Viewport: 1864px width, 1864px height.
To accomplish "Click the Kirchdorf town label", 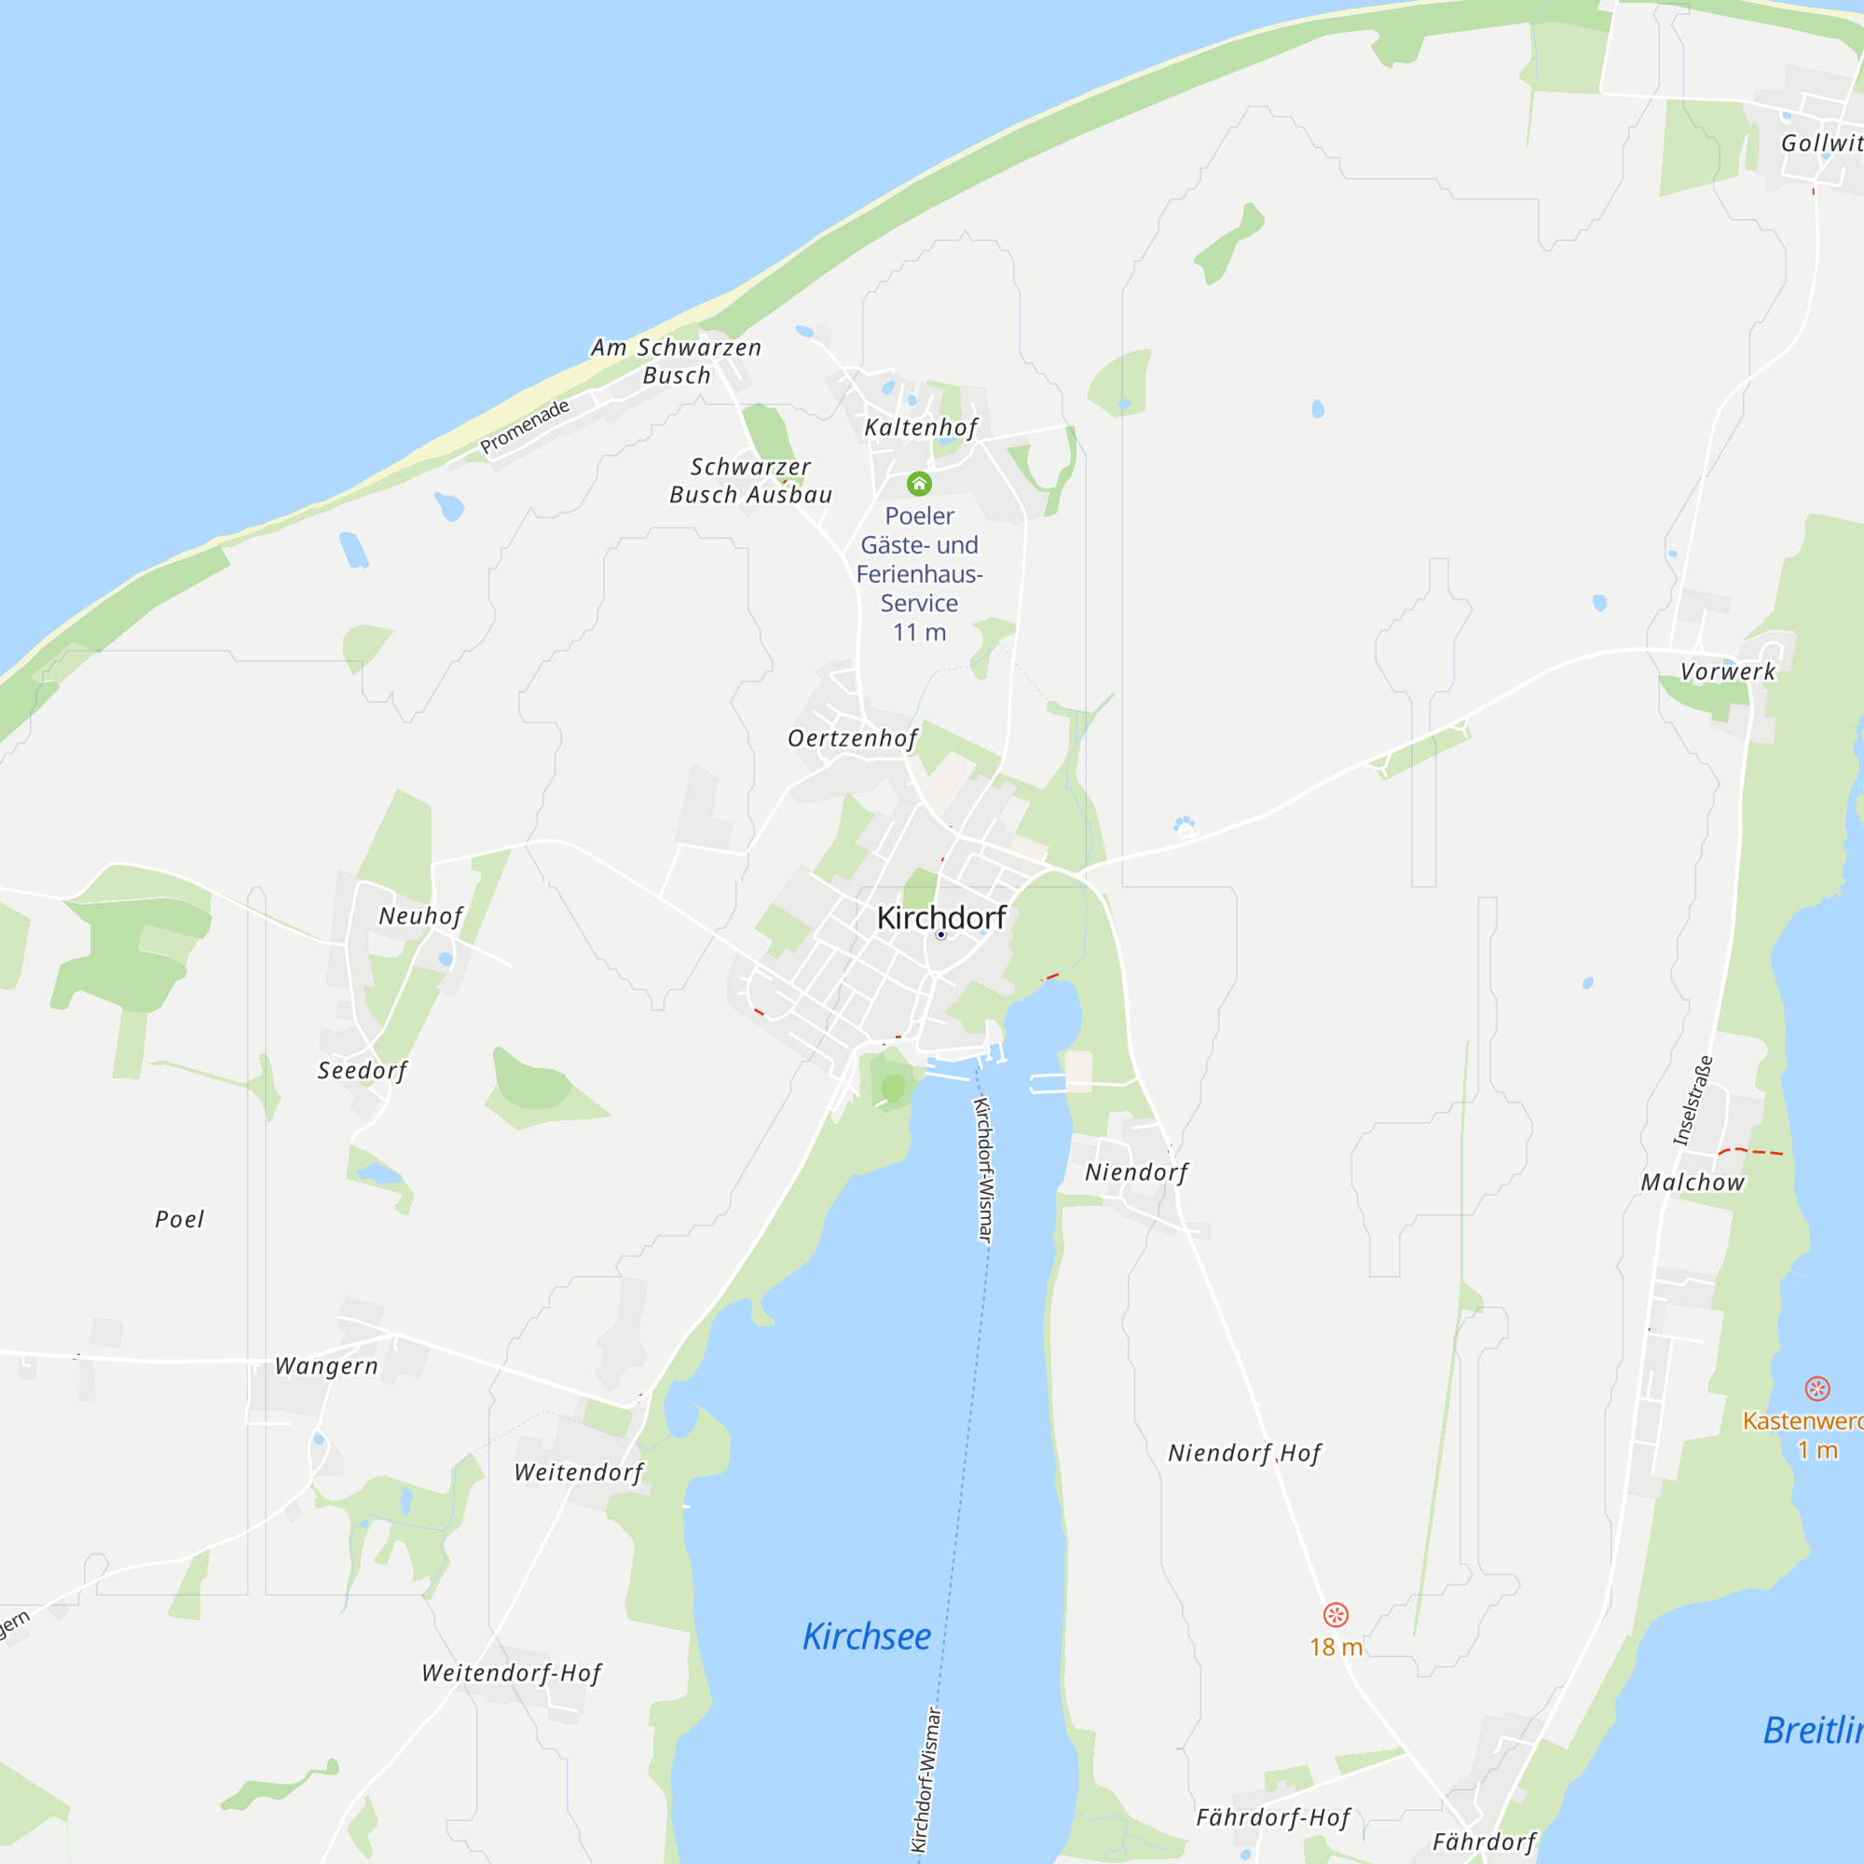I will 940,917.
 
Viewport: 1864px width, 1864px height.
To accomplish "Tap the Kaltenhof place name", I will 921,428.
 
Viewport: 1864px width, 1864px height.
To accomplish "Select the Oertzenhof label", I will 852,738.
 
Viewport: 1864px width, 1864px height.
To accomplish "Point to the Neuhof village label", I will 420,915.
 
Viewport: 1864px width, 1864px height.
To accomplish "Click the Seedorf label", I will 363,1070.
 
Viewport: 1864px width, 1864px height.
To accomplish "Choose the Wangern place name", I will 326,1365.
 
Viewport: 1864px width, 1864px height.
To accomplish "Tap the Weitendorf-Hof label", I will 512,1672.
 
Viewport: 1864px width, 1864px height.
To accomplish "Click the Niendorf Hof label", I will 1244,1452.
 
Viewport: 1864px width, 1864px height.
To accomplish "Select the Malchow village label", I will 1693,1182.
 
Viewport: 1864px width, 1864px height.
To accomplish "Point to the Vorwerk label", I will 1727,671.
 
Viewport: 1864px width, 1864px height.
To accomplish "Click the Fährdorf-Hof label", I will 1273,1816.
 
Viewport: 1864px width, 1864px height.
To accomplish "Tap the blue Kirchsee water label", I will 867,1636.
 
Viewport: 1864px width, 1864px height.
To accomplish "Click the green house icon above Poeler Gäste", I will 919,484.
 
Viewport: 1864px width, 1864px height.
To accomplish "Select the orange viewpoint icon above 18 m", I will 1336,1614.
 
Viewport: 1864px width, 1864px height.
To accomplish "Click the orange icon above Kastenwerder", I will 1816,1389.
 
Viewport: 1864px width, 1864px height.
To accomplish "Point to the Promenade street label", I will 525,426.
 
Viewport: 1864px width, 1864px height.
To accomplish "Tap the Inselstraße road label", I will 1693,1101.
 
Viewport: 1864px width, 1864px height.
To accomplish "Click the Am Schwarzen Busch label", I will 677,361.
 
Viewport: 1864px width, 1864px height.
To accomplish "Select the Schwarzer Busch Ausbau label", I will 750,481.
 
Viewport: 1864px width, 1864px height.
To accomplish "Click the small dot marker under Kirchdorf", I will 940,935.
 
